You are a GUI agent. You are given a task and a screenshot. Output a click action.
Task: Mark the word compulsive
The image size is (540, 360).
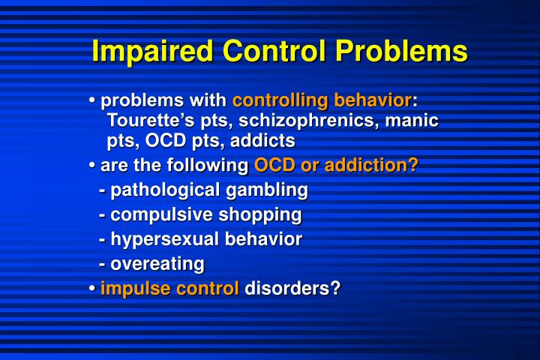coord(161,215)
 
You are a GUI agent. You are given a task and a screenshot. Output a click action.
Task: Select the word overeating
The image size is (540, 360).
coord(157,264)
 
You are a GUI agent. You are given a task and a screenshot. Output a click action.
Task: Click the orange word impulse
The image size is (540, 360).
coord(133,289)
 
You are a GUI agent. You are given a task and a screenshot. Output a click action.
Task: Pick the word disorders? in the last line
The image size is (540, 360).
coord(292,289)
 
